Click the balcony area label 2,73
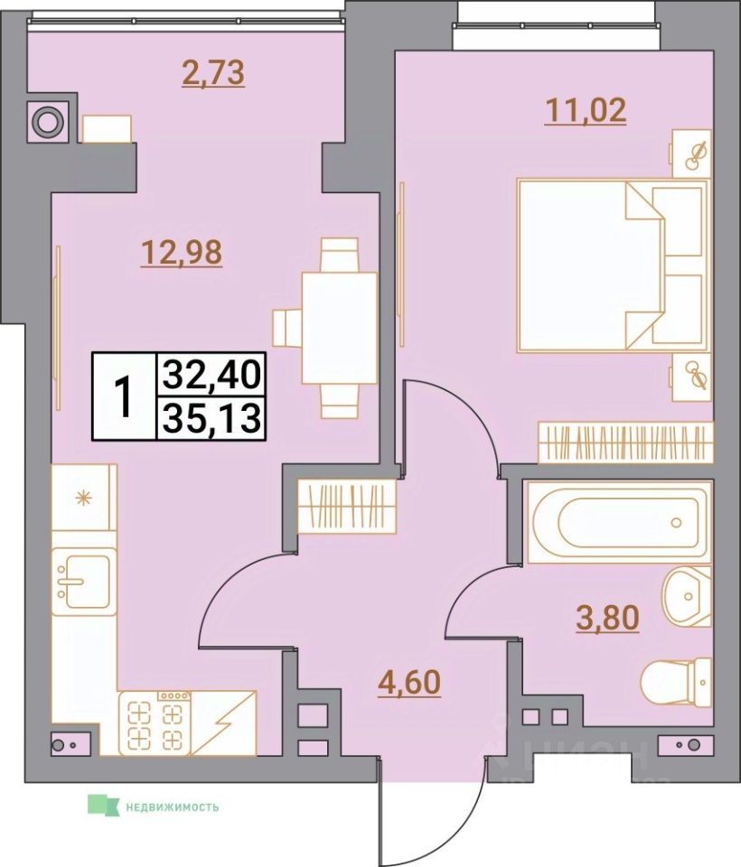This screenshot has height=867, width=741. coord(212,72)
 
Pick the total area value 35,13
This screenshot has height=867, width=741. coord(211,418)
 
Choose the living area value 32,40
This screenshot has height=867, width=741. coord(211,372)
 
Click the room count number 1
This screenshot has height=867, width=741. coord(124,396)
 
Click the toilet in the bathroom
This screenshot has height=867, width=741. coord(678,677)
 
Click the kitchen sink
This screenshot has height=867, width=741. coord(83,578)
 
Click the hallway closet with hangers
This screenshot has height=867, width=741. coord(348,505)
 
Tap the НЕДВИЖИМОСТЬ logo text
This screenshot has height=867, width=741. coord(172,806)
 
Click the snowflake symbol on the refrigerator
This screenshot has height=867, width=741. coord(84,496)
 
